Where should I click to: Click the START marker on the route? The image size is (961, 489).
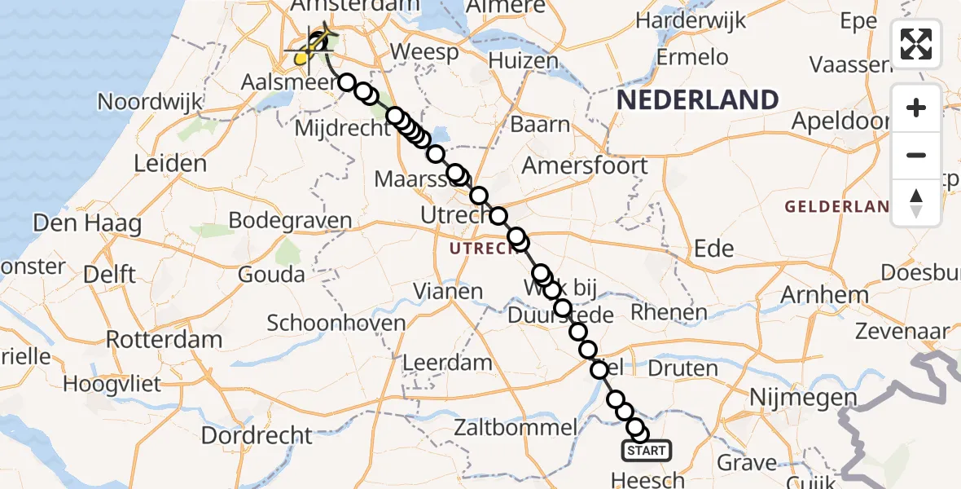pos(647,451)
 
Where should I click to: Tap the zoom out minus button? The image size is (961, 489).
pos(916,155)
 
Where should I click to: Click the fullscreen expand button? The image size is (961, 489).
pos(916,43)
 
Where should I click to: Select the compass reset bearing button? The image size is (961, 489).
pos(916,202)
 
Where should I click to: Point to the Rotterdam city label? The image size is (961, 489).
pos(164,339)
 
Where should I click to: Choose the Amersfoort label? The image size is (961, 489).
pos(584,165)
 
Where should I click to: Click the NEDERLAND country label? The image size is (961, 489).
pos(697,100)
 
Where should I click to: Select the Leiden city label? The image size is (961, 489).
pos(170,164)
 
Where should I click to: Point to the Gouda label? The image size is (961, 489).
pos(271,274)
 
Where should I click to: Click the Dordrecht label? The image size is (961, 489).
pos(256,435)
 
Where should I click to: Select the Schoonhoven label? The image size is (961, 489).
pos(336,323)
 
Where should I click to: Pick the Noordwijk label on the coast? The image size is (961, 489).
pos(150,102)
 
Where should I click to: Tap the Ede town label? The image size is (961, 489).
pos(713,248)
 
